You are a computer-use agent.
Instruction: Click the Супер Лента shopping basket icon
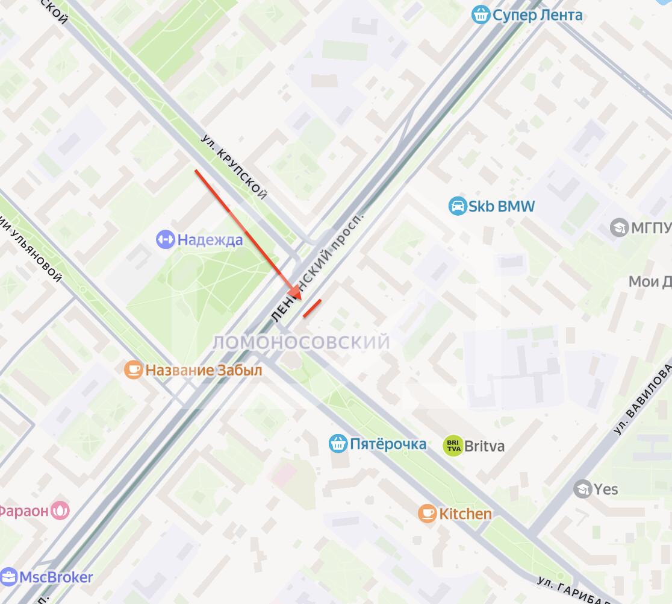[480, 14]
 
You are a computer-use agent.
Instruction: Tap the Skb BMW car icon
[458, 207]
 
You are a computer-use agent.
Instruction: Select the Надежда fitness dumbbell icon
[164, 239]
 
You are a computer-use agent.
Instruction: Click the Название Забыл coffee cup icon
[133, 370]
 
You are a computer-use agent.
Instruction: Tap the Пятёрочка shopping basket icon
[338, 444]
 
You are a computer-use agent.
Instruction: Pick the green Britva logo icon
[453, 446]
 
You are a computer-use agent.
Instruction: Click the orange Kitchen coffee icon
[428, 514]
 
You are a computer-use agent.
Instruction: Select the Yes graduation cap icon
[582, 488]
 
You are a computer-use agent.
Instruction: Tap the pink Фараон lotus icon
[60, 511]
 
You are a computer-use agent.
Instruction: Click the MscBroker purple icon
[8, 577]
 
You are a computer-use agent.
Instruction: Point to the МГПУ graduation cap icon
[619, 228]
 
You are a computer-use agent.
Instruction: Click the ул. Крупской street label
[234, 166]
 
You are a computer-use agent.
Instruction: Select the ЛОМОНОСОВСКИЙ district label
[301, 343]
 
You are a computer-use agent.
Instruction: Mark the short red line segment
[312, 307]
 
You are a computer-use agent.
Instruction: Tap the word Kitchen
[465, 514]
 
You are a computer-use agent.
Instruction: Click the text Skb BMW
[502, 207]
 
